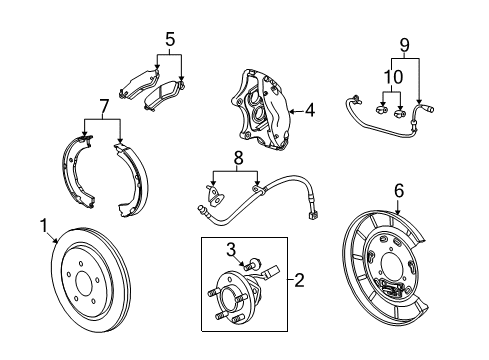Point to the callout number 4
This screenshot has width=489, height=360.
[x=310, y=111]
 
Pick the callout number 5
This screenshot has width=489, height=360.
[x=170, y=40]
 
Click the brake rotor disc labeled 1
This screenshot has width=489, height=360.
[x=95, y=300]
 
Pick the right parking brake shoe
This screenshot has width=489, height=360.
[x=133, y=180]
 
